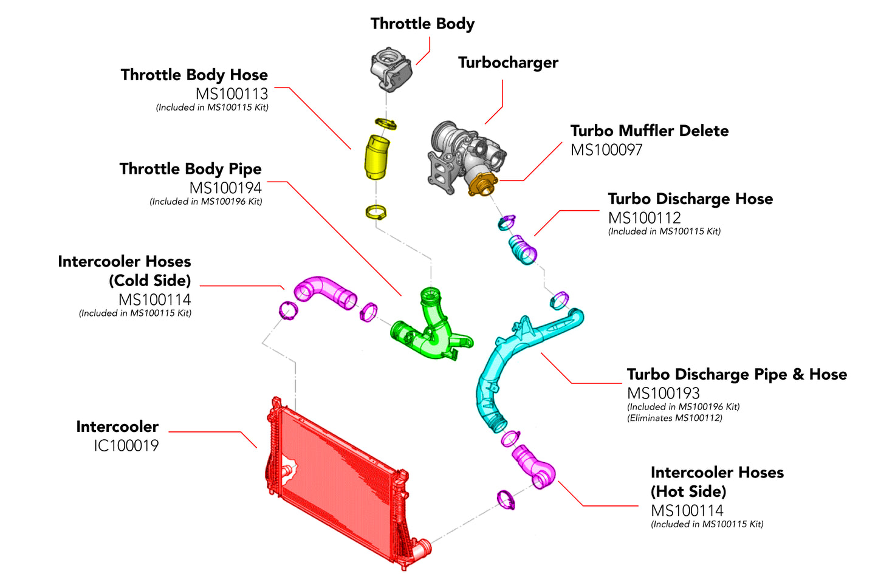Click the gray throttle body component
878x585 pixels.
(391, 69)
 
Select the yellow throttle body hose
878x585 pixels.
(376, 157)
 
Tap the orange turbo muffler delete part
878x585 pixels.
(482, 183)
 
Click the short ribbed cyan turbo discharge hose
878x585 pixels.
(523, 250)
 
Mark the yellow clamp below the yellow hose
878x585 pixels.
(376, 213)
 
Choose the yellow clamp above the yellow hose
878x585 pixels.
(386, 124)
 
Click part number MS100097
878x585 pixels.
(606, 149)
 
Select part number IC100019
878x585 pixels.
(126, 445)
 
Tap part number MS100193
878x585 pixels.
(663, 393)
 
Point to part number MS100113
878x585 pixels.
(232, 94)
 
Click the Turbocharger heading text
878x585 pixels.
(508, 63)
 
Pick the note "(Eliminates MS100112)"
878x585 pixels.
(674, 418)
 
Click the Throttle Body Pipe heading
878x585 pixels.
(190, 169)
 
